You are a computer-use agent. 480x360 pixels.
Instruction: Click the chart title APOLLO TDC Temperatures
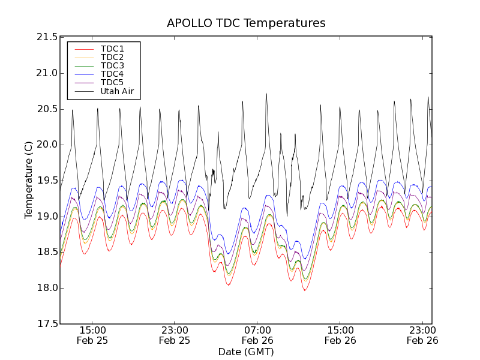(x=246, y=23)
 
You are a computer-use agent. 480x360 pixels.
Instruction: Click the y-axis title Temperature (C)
(x=29, y=180)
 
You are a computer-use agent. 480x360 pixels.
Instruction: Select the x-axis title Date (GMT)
(x=246, y=352)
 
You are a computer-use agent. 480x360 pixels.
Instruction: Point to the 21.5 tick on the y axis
(x=47, y=37)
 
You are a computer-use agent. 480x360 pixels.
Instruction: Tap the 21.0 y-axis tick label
(x=47, y=73)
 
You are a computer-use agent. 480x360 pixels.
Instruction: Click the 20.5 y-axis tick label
(x=47, y=109)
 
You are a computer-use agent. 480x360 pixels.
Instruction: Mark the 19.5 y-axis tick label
(x=47, y=181)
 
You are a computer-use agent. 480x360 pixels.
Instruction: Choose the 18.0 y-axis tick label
(x=47, y=288)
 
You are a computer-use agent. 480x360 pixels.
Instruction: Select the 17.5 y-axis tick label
(x=47, y=324)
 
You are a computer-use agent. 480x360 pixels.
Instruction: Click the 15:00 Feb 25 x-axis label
(x=92, y=335)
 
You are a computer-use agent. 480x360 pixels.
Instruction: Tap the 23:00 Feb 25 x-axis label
(x=175, y=335)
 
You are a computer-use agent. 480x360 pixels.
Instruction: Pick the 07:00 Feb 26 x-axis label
(x=257, y=335)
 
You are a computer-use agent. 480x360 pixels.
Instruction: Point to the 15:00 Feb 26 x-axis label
(x=340, y=335)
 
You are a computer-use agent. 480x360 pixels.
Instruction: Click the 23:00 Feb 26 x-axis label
(x=422, y=335)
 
